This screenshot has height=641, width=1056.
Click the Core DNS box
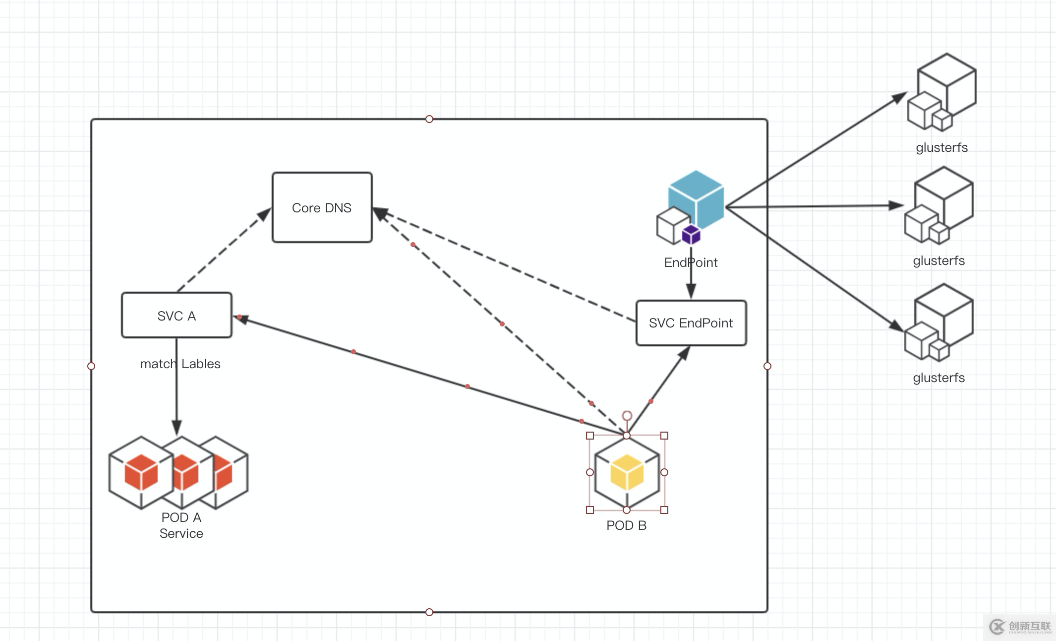(x=322, y=207)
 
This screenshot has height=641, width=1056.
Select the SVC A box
(x=176, y=316)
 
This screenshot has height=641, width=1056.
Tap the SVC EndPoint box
(x=691, y=323)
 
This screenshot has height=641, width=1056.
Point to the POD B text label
(x=626, y=525)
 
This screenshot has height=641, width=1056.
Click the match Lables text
(x=180, y=364)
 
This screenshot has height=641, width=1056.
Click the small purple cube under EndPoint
(x=691, y=235)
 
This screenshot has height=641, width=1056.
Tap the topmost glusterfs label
(x=941, y=147)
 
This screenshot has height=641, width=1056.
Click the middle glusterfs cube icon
(x=939, y=206)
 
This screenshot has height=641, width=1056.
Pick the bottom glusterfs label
(x=939, y=378)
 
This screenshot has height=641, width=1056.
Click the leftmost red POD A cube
(x=141, y=472)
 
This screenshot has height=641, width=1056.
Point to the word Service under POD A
(x=181, y=533)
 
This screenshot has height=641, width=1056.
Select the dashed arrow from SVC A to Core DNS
(x=223, y=251)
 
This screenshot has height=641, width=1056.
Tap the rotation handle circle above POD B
(x=627, y=415)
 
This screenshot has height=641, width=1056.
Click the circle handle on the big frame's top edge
(x=429, y=119)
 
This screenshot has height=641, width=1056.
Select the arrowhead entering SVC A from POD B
(x=241, y=319)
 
